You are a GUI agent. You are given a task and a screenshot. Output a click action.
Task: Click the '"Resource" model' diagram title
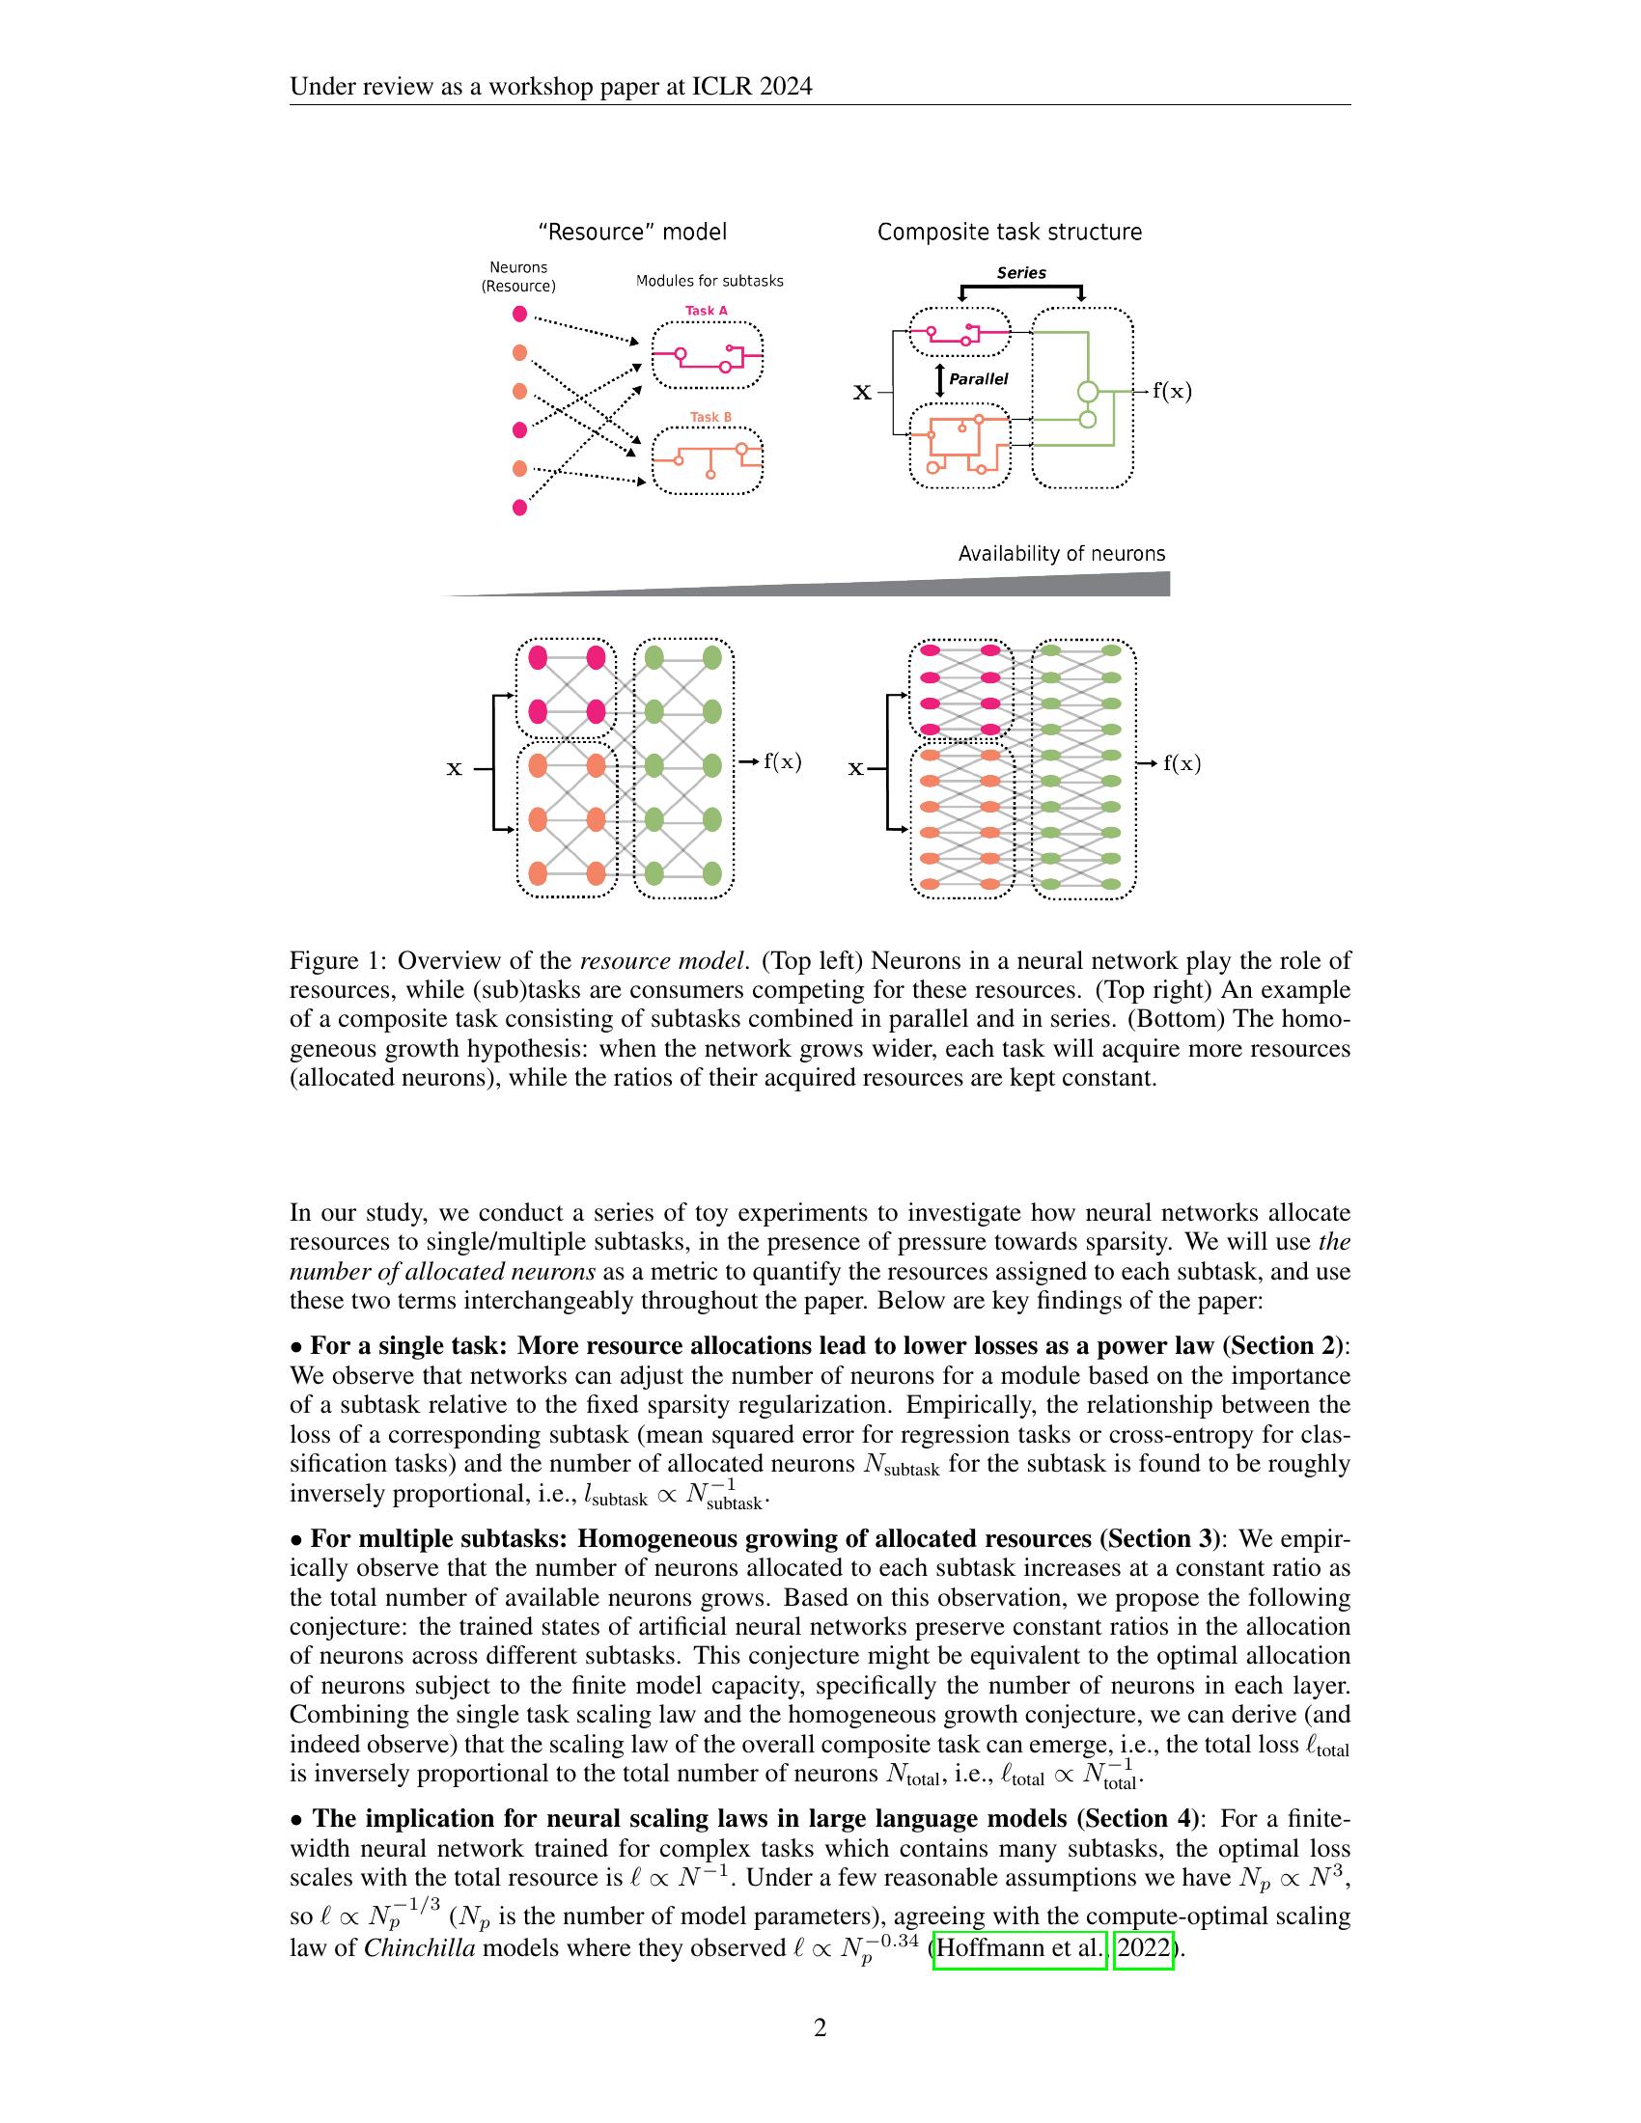pos(632,233)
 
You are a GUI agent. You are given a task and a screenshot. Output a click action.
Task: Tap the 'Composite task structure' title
pos(1009,233)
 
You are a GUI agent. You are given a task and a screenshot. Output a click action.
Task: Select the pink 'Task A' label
pos(707,311)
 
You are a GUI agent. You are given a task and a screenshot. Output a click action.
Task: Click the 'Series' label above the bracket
pos(1020,273)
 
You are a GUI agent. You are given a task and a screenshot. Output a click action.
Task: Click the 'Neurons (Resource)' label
pos(518,277)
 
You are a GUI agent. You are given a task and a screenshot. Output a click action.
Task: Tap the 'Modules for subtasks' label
pos(709,281)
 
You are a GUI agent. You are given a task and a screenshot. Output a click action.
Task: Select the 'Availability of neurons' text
pos(1062,554)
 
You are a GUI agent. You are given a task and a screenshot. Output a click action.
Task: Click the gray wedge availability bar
pos(1070,585)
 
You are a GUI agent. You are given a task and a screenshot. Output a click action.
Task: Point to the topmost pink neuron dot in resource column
pos(520,314)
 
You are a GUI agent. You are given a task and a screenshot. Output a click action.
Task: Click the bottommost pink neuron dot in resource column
pos(520,508)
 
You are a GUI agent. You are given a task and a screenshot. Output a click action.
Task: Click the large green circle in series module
pos(1089,393)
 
